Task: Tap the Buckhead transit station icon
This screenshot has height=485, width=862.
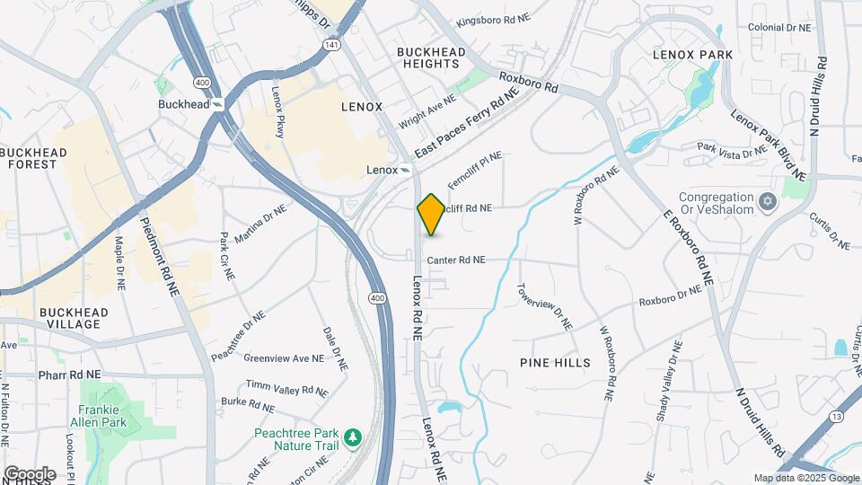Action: (218, 104)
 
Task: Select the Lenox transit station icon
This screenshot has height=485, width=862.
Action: (406, 170)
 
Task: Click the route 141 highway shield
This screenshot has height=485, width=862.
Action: (334, 44)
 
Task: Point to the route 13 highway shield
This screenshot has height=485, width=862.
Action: (836, 416)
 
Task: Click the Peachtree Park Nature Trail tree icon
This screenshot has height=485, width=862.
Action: (355, 437)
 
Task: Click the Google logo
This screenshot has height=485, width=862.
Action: (29, 473)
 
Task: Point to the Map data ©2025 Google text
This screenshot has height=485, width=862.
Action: (805, 478)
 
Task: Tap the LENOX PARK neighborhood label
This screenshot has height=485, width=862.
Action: (692, 55)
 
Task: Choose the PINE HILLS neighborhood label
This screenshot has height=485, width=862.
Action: (555, 363)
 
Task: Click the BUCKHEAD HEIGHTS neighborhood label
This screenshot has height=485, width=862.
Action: (429, 57)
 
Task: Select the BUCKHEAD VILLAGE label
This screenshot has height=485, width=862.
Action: (74, 318)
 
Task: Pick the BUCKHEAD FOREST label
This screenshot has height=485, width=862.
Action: (34, 159)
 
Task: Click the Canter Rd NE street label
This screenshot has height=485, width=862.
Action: (456, 260)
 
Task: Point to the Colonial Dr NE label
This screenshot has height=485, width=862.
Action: (778, 28)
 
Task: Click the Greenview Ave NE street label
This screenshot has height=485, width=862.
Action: (283, 358)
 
